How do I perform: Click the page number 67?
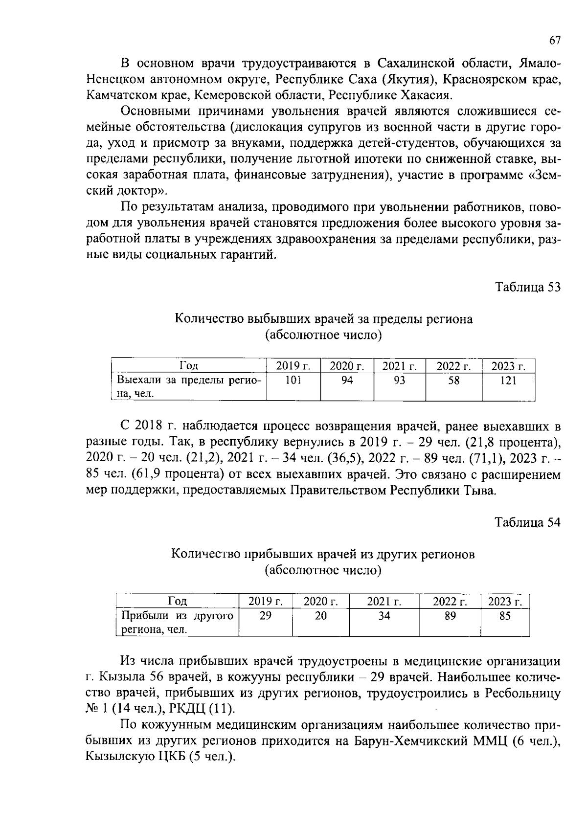pos(554,41)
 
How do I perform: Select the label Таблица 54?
pos(527,522)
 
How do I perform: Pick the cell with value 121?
pos(508,381)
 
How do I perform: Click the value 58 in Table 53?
pos(453,381)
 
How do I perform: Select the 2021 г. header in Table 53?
pos(399,366)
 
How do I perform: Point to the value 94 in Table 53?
pos(347,381)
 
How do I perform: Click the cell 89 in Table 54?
pos(450,616)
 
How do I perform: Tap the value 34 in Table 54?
pos(384,616)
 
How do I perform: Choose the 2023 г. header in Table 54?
pos(505,602)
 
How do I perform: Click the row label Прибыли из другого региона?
pos(177,623)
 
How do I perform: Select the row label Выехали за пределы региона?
pos(188,387)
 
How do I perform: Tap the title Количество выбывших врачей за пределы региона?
pos(323,319)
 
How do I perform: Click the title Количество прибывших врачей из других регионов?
pos(323,554)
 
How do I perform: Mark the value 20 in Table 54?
pos(320,616)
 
